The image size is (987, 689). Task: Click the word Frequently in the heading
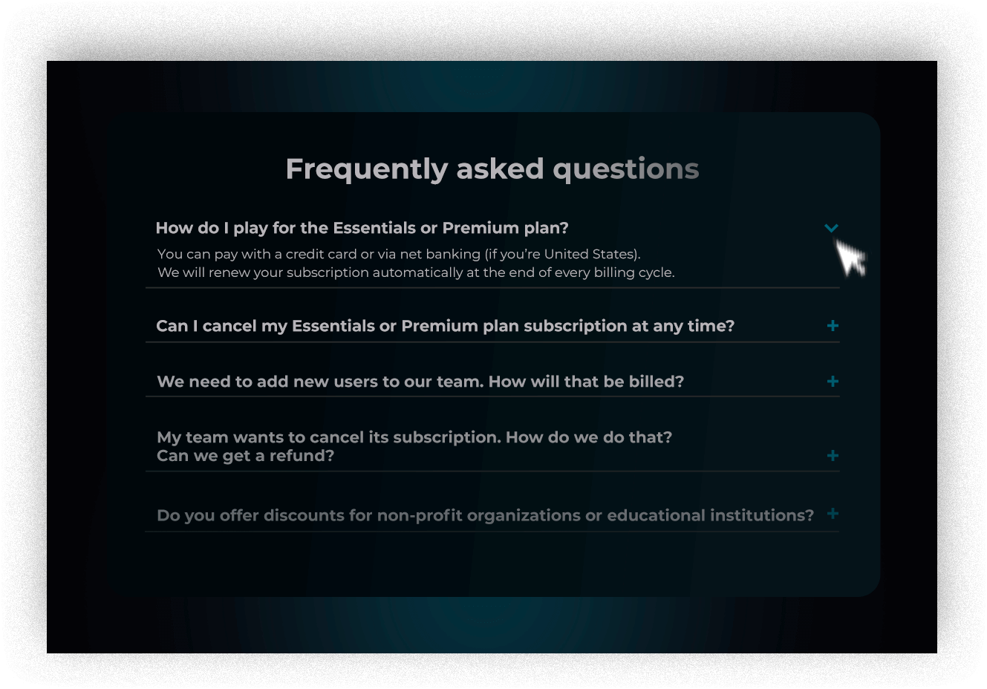pos(367,169)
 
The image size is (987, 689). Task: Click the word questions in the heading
pos(626,170)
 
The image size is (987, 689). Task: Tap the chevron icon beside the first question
pos(831,228)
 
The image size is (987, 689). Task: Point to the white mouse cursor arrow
pos(850,258)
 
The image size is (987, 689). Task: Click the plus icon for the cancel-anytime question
pos(833,326)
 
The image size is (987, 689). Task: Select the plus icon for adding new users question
pos(833,382)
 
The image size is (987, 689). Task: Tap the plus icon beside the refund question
pos(833,456)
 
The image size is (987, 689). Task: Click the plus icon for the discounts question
pos(833,514)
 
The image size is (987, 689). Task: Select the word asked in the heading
pos(500,169)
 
